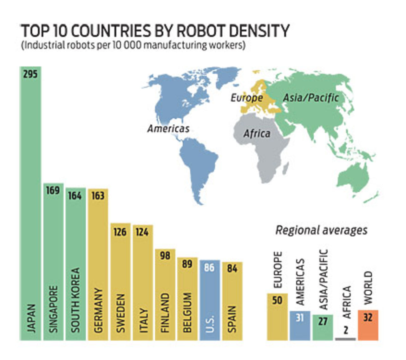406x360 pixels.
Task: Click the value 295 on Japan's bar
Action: (30, 74)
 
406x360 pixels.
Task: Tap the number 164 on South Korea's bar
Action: (75, 196)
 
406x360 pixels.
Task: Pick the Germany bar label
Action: (98, 310)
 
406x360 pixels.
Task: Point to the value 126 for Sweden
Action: (120, 232)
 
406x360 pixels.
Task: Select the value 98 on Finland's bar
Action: (165, 256)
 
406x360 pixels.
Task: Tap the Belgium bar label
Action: (187, 312)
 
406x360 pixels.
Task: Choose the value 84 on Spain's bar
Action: (232, 269)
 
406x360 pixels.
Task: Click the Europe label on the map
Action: (247, 98)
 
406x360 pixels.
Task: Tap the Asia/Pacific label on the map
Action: (311, 98)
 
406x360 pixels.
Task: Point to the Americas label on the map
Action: (168, 128)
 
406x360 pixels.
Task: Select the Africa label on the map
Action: (257, 134)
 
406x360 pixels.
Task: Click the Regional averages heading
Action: (321, 230)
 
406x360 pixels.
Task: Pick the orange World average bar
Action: (368, 325)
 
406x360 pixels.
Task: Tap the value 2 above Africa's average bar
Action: (346, 330)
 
